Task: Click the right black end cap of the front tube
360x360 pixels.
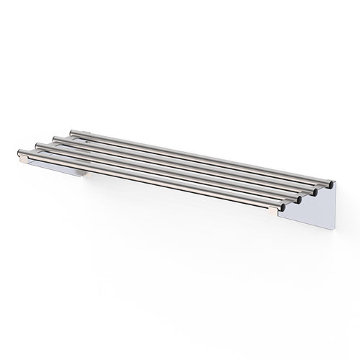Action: click(282, 207)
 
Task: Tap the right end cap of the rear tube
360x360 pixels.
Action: click(330, 183)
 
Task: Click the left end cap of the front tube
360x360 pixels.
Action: click(20, 153)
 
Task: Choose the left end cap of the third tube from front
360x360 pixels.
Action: click(55, 139)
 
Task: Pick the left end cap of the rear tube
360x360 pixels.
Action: click(71, 132)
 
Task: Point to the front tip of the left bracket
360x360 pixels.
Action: click(24, 159)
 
